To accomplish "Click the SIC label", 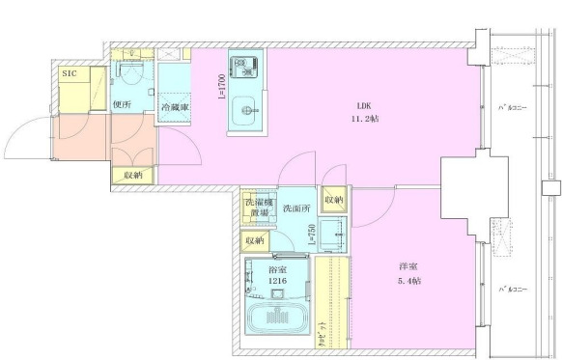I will click(70, 71).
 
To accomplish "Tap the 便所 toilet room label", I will click(122, 105).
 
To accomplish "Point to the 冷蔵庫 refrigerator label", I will click(175, 106).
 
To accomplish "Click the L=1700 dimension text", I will click(221, 89).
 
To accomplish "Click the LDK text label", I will click(364, 105).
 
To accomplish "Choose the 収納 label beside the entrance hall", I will click(133, 175).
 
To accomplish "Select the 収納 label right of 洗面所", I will click(334, 200).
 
